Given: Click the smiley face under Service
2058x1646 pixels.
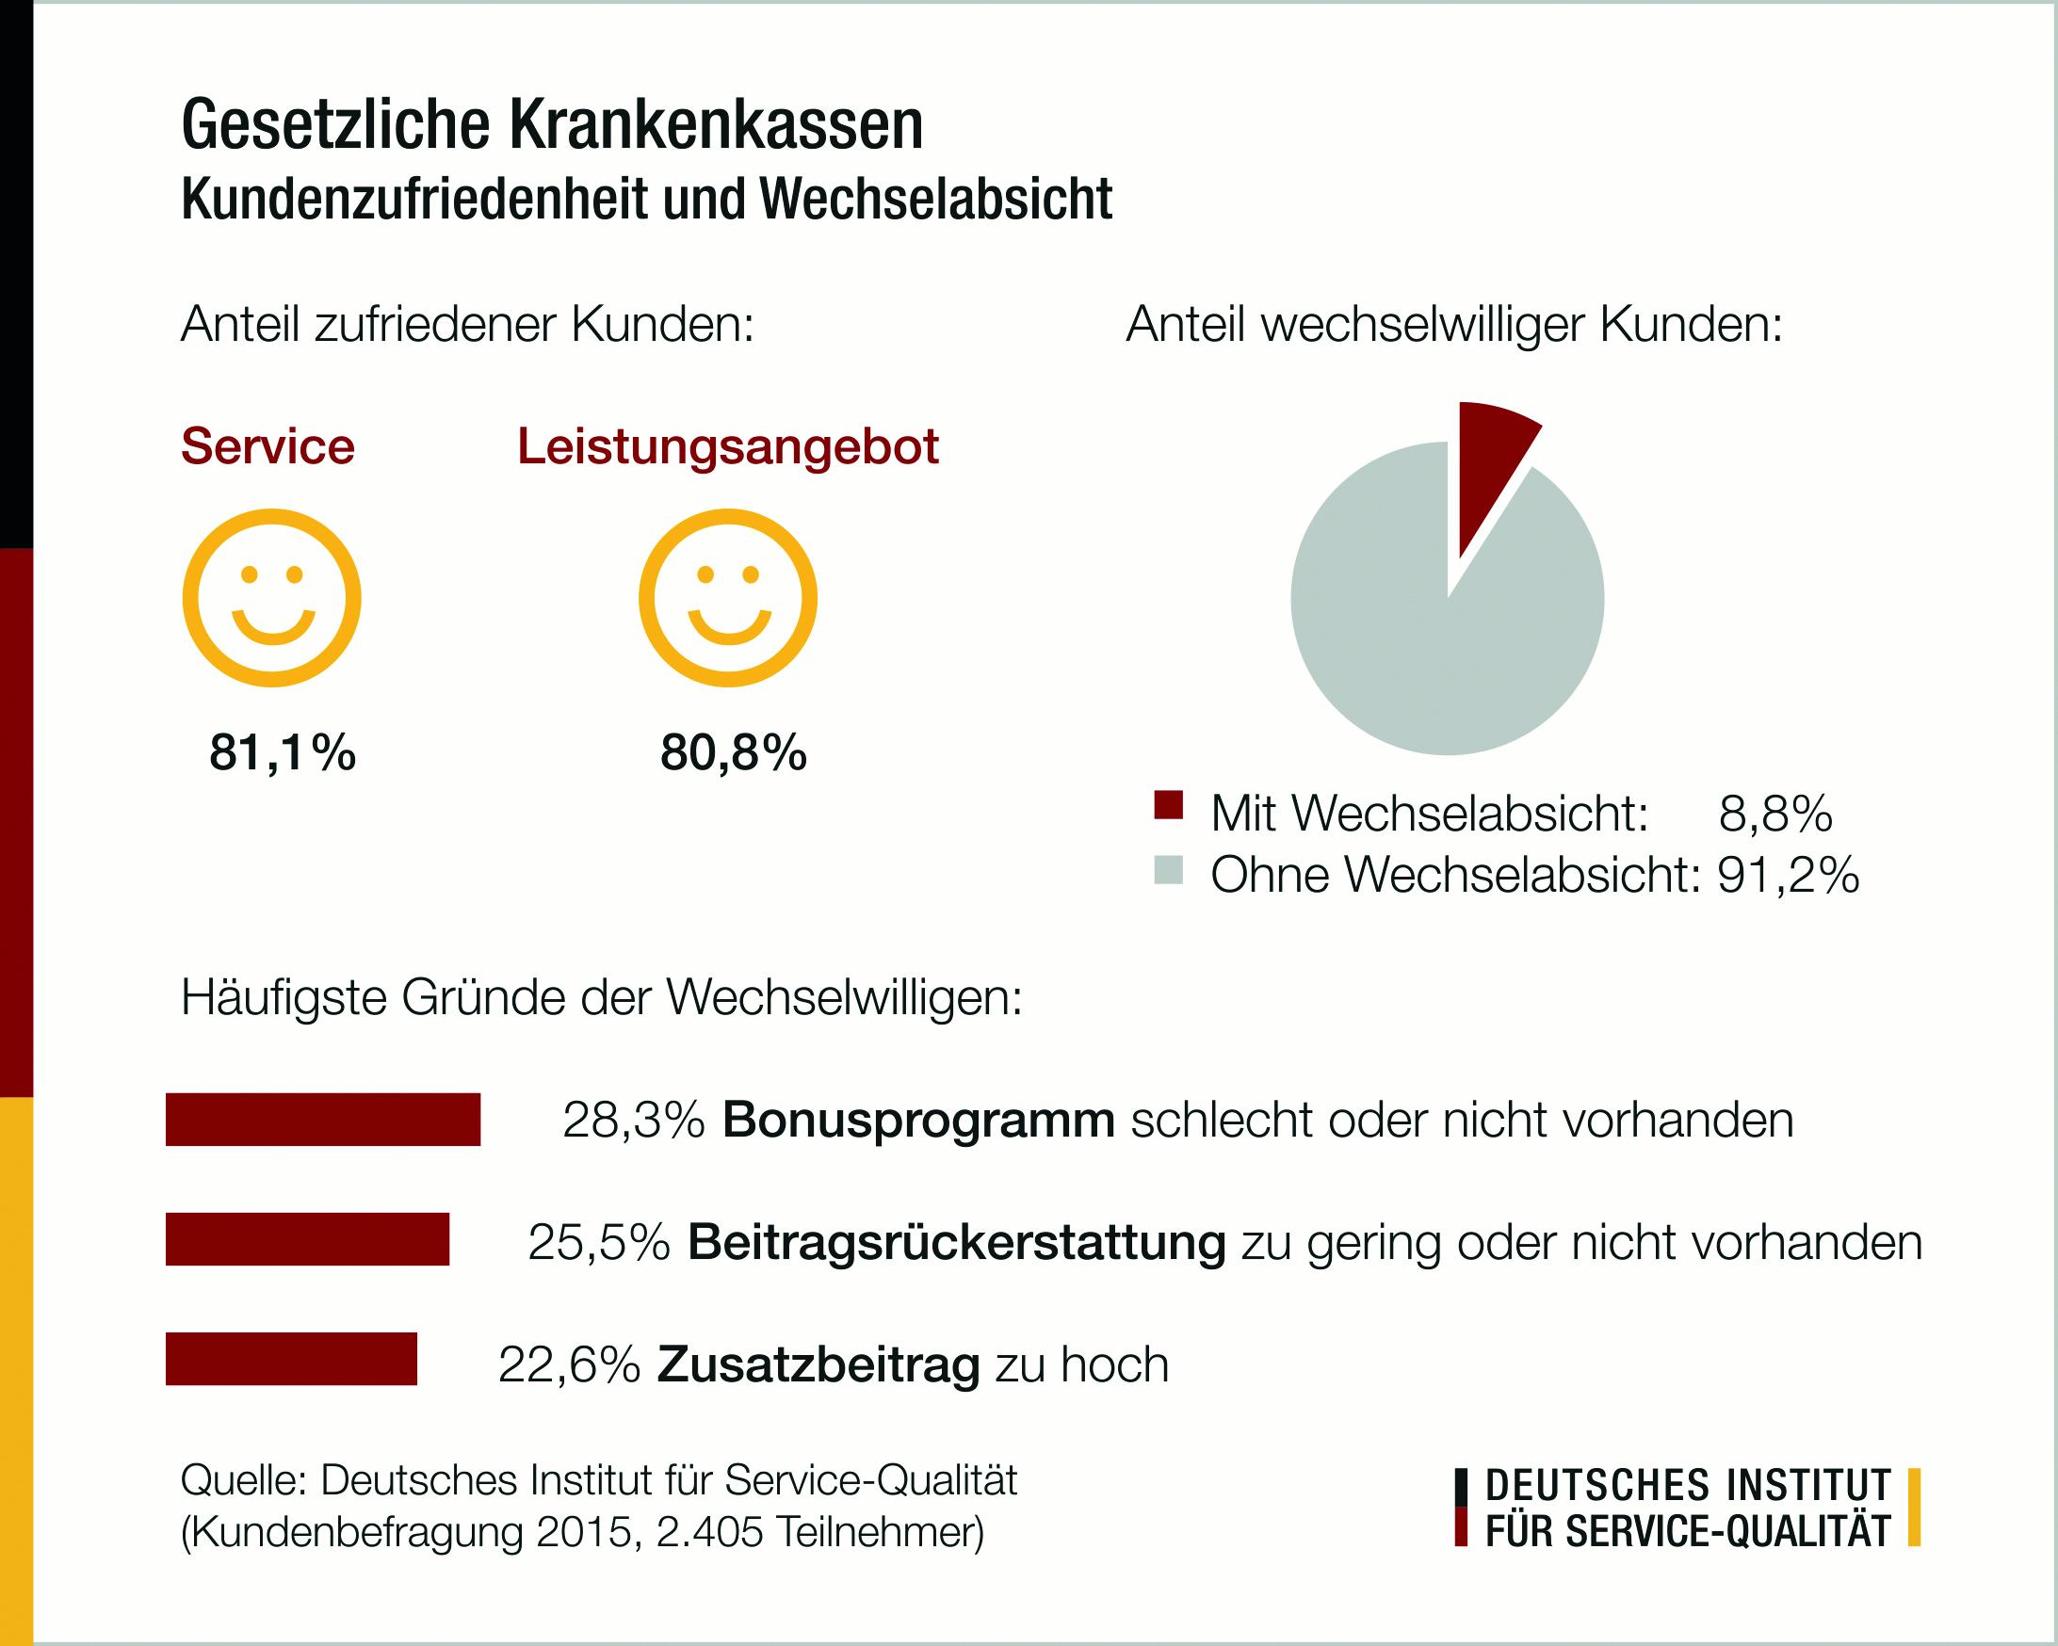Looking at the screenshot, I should (272, 597).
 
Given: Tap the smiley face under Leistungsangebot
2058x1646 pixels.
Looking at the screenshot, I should (728, 597).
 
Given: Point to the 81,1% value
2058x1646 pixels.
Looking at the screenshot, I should (283, 754).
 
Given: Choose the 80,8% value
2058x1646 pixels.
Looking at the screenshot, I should (733, 754).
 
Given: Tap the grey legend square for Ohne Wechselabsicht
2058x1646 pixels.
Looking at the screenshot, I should (1168, 871).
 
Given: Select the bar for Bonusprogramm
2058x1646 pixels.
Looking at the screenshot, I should (323, 1119).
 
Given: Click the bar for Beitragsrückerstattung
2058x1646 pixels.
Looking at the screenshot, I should (307, 1238).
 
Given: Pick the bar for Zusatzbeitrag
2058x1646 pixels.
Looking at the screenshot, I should (291, 1358).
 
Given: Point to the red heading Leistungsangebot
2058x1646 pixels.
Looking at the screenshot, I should (728, 446).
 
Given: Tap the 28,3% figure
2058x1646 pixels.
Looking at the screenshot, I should (633, 1121).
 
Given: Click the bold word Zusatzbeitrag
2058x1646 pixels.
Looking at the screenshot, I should (818, 1364).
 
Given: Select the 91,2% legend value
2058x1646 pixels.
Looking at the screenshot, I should (1788, 874).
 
